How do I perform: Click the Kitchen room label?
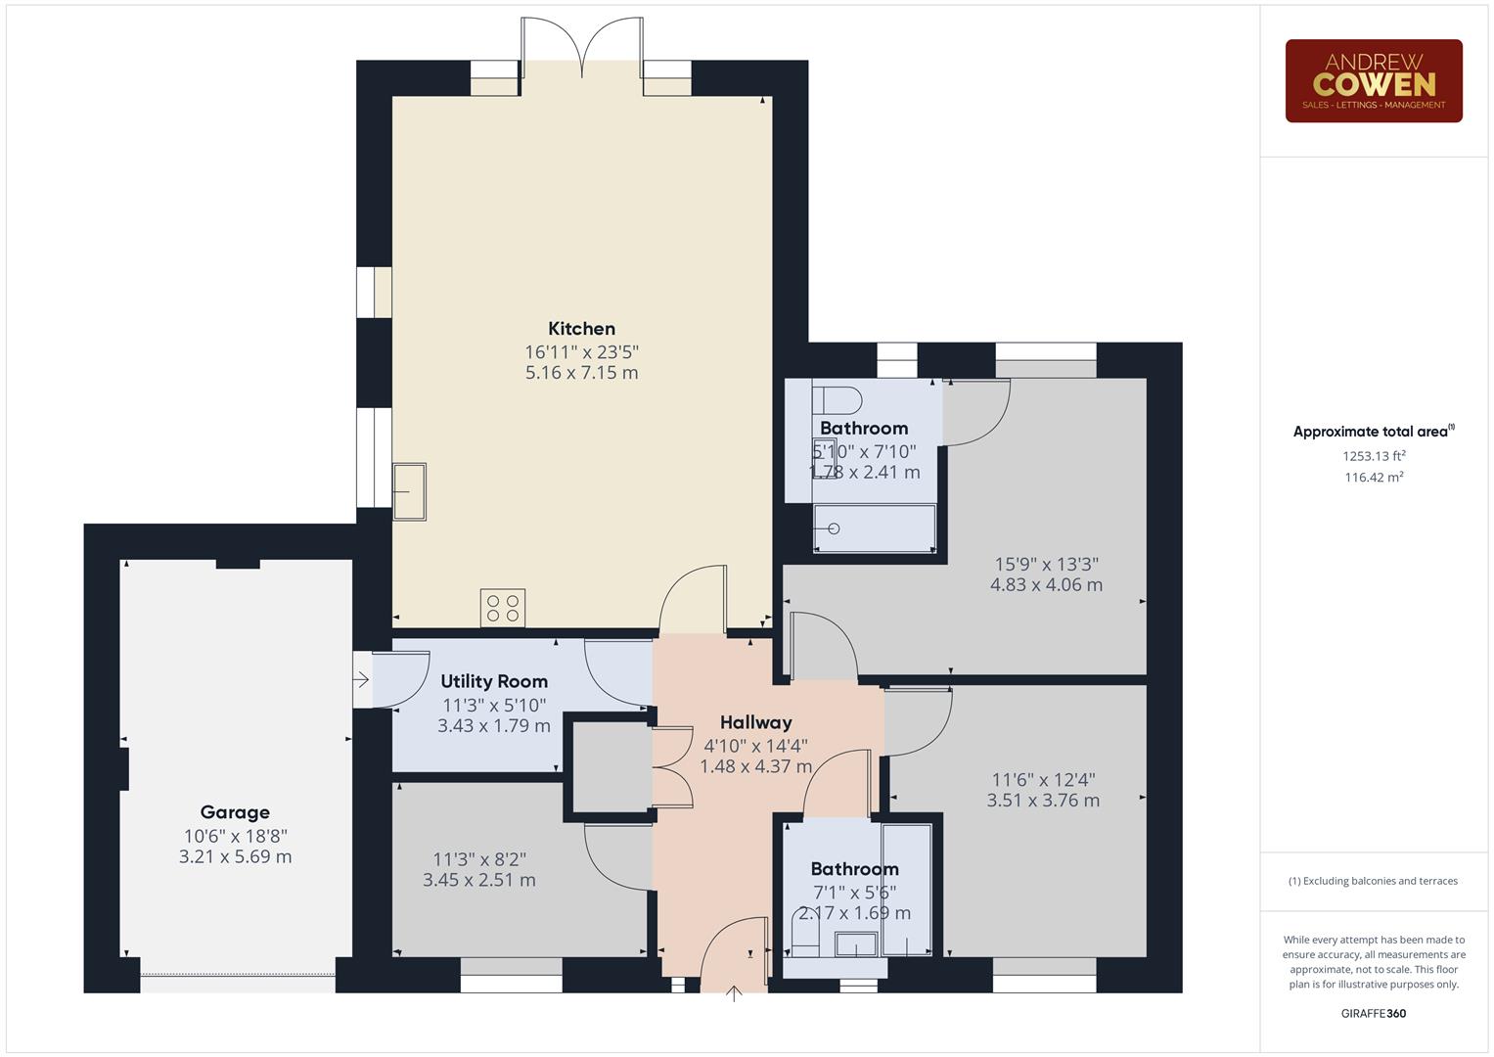(x=581, y=329)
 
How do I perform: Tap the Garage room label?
(x=235, y=812)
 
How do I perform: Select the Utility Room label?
(x=494, y=681)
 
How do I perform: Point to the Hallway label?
(x=755, y=722)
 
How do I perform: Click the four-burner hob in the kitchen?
(x=503, y=608)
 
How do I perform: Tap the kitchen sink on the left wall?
(x=409, y=491)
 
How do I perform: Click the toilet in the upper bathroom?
(x=838, y=400)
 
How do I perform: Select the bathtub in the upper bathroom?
(x=874, y=528)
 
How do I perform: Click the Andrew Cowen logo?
(x=1373, y=81)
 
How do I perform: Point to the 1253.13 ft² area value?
(x=1374, y=456)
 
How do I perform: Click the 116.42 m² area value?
(x=1374, y=478)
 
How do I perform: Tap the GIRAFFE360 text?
(x=1373, y=1013)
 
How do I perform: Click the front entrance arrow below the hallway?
(x=734, y=993)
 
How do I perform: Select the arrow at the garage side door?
(x=361, y=679)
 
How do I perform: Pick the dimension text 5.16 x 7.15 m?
(x=581, y=373)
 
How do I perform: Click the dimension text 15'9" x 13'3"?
(x=1046, y=564)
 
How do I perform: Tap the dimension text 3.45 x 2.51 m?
(x=478, y=880)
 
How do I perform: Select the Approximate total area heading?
(x=1373, y=432)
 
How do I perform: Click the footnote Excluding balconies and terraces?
(x=1373, y=881)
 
